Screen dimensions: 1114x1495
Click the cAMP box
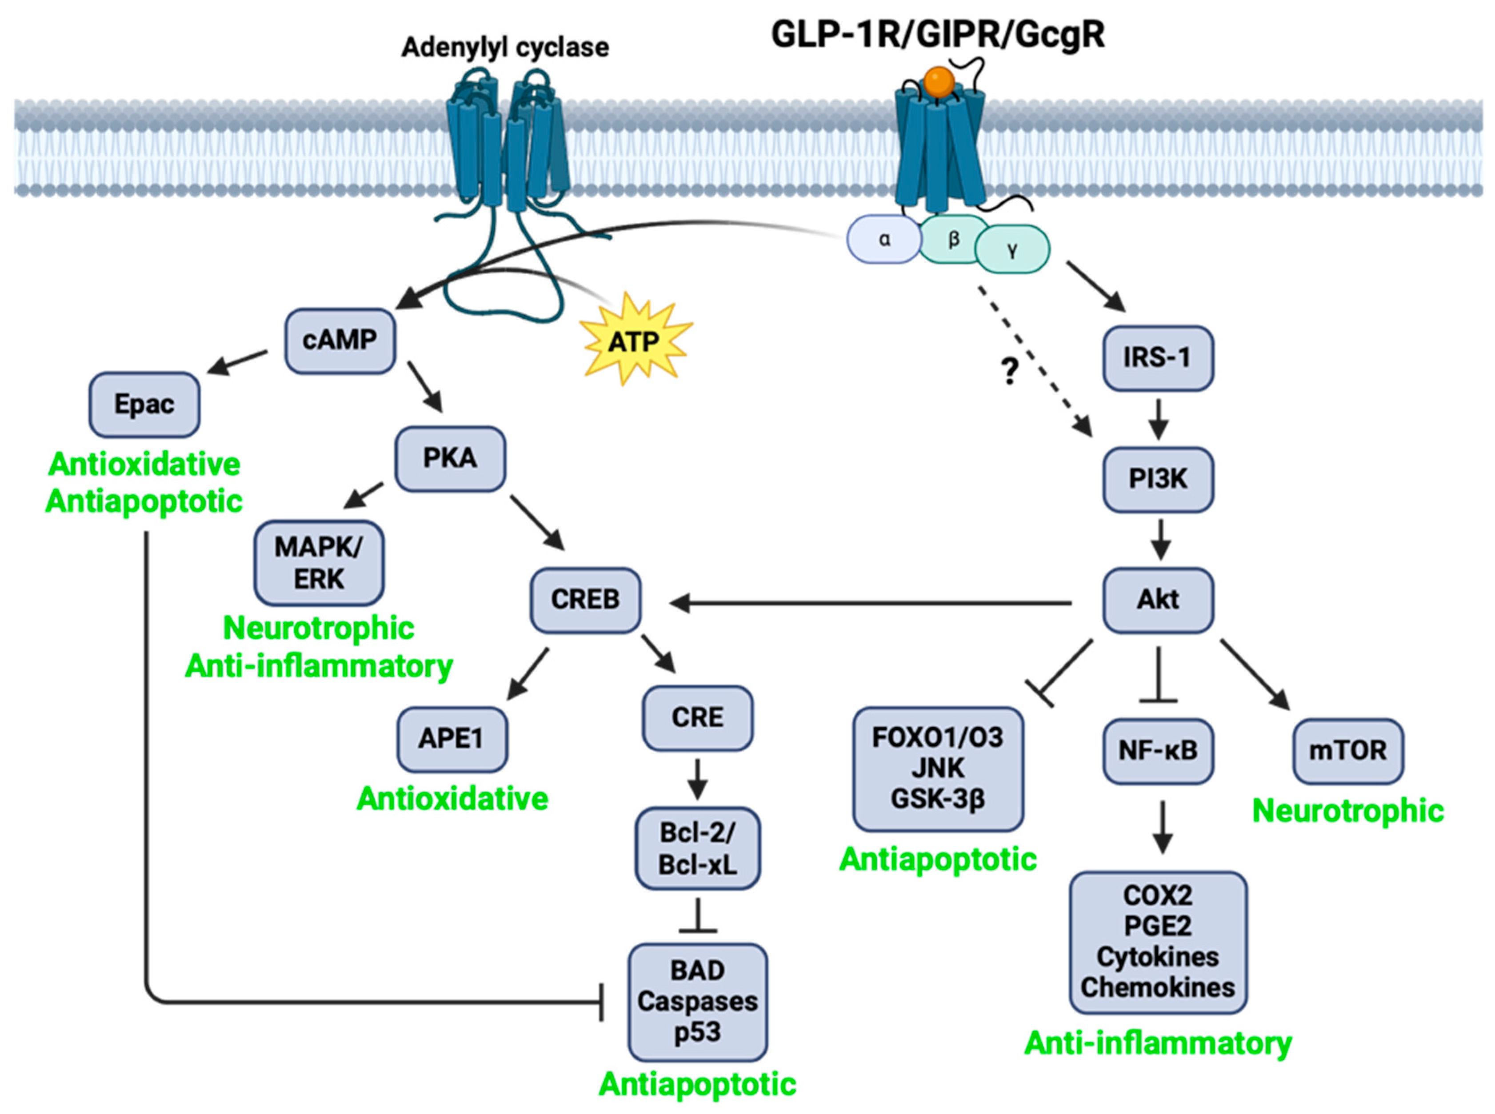point(339,341)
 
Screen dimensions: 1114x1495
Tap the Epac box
point(144,405)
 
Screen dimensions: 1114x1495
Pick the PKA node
point(450,459)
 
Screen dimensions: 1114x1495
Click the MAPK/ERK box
point(319,563)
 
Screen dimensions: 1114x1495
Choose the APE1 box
point(452,738)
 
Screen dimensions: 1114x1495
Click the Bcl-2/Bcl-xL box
point(698,848)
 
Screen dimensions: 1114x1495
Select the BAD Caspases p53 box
point(698,1002)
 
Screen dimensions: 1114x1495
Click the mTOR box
point(1348,750)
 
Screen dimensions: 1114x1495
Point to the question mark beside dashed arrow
point(1009,371)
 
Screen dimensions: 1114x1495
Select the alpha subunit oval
point(883,240)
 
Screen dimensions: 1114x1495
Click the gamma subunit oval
point(1012,249)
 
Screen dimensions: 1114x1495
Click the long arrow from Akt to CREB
point(870,603)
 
